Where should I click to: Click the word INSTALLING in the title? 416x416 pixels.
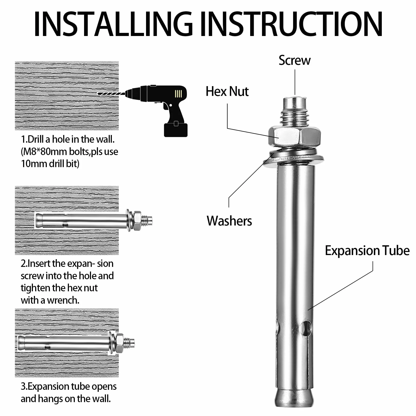click(x=113, y=24)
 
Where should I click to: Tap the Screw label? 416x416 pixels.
click(x=295, y=60)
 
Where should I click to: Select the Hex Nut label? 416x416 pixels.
click(x=227, y=92)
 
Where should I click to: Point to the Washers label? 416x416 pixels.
click(x=229, y=221)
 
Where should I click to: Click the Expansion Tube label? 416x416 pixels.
click(x=367, y=251)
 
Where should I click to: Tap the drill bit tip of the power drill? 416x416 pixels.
click(x=98, y=94)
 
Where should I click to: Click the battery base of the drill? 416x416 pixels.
click(x=176, y=130)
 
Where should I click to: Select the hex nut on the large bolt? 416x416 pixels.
click(x=294, y=137)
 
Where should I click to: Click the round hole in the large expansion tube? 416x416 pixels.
click(x=306, y=328)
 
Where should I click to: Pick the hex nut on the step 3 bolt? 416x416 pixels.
click(x=120, y=343)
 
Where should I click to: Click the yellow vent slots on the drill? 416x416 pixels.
click(x=178, y=94)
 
